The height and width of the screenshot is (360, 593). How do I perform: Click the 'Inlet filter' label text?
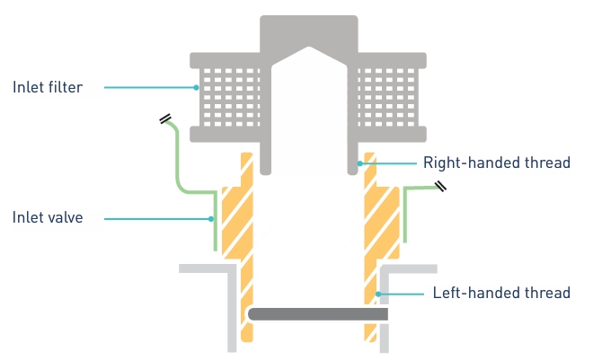point(48,87)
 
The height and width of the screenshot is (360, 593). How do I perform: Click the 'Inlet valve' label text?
point(48,218)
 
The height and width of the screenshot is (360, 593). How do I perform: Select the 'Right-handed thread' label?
point(496,163)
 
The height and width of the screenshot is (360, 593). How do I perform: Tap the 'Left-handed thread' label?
point(501,293)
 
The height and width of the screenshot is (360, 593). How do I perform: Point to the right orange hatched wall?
point(376,233)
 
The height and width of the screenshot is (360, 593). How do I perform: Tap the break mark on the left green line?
point(166,119)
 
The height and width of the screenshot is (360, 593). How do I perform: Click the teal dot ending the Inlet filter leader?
point(197,87)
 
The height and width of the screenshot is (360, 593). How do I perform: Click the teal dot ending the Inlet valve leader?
point(212,218)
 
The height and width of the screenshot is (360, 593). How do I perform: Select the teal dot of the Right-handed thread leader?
point(359,163)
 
